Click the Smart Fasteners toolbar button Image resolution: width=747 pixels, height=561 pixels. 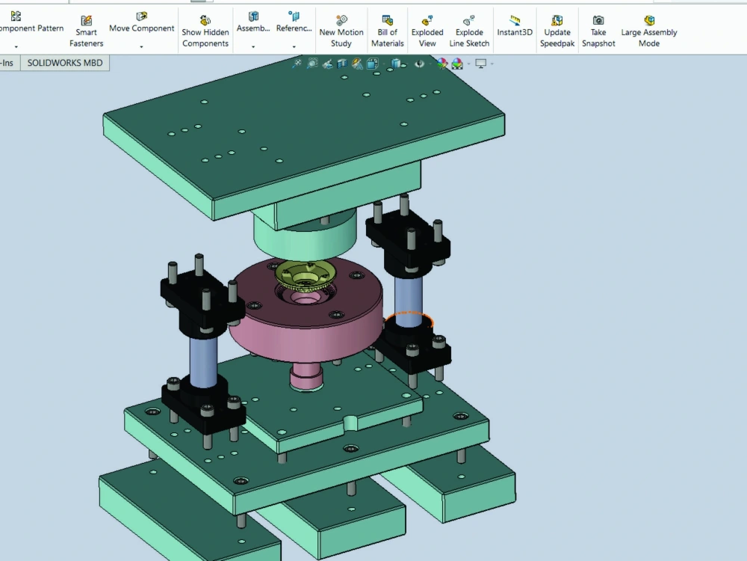86,31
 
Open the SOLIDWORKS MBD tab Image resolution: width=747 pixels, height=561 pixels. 65,63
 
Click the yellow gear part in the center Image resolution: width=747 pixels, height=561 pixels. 306,278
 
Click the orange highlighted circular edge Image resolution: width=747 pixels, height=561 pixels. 409,313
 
